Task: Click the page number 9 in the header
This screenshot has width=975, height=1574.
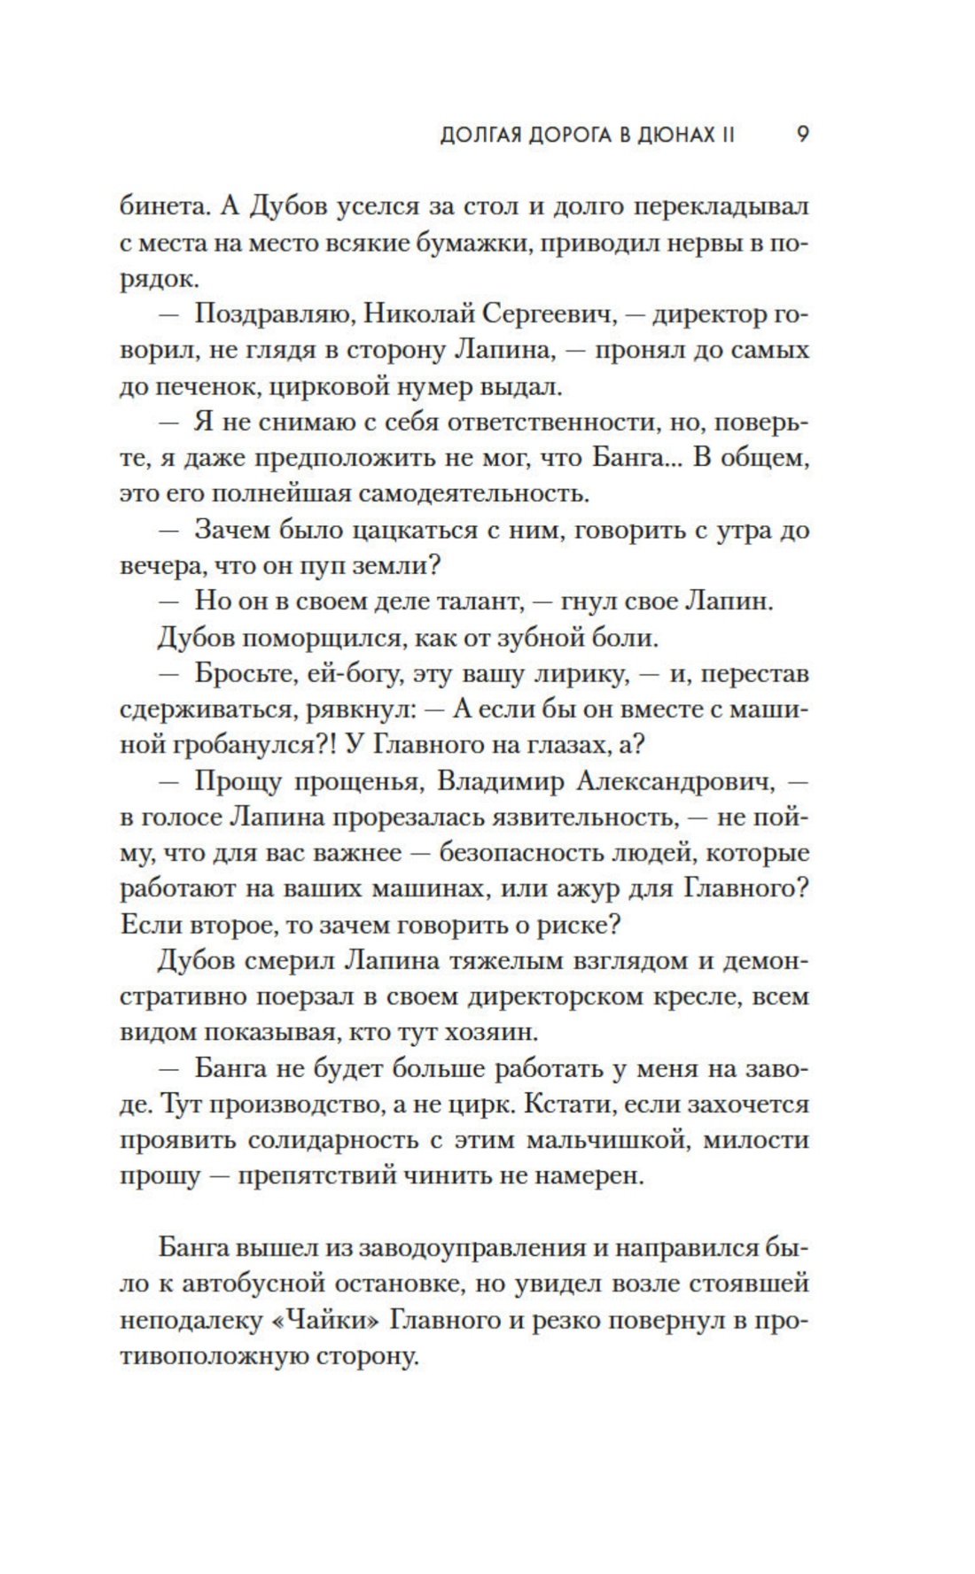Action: tap(801, 136)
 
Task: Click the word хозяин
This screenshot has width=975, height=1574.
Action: tap(520, 1033)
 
